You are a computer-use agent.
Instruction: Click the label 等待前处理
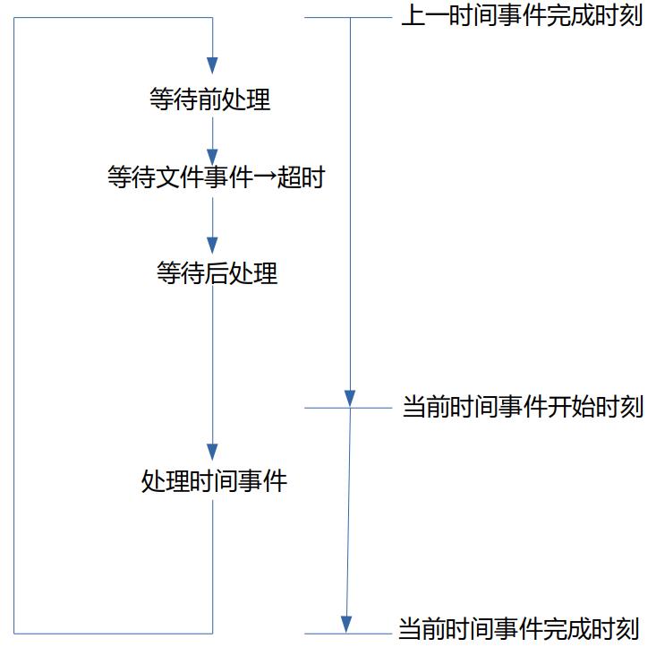[210, 99]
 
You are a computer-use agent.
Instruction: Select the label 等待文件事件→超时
[215, 178]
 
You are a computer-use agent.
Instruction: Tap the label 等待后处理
[217, 273]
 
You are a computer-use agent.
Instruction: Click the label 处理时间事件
[214, 481]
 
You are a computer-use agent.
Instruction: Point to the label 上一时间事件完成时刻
[522, 16]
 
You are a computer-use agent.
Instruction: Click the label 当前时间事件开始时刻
[523, 408]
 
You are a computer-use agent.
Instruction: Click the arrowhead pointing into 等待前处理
[212, 65]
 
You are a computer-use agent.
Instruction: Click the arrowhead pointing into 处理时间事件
[212, 450]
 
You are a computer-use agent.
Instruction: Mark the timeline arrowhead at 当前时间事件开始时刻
[351, 398]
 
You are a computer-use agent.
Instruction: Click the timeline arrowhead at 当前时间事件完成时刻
[346, 624]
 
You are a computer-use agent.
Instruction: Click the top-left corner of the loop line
[13, 17]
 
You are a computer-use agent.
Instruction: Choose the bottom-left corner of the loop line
[13, 633]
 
